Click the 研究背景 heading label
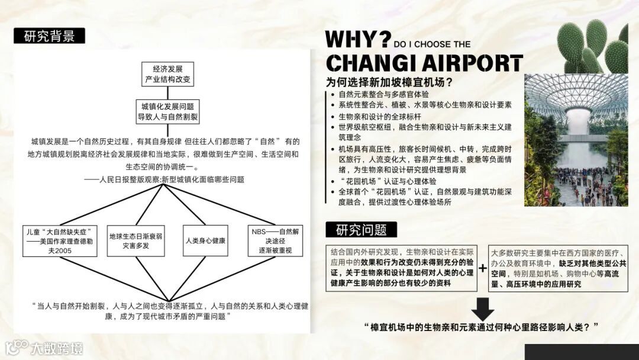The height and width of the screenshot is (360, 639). [50, 36]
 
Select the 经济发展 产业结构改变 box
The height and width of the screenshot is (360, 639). [168, 74]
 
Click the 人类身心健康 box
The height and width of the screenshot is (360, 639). [205, 241]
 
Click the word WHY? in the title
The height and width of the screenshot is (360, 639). [357, 40]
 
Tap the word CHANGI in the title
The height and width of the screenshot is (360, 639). [369, 63]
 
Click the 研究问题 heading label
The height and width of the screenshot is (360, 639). [361, 230]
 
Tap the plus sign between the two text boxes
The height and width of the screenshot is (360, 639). [483, 268]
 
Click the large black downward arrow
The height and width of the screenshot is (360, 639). [483, 308]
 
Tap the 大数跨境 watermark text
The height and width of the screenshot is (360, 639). [57, 348]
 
